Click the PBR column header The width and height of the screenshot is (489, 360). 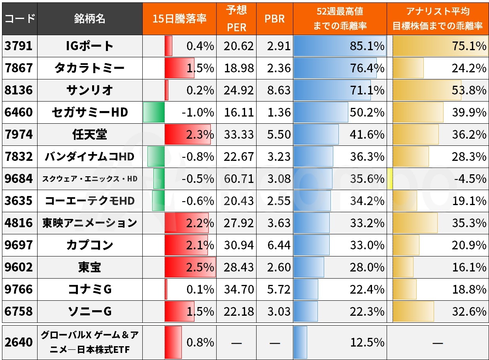pyautogui.click(x=274, y=19)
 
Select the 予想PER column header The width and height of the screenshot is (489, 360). pyautogui.click(x=236, y=19)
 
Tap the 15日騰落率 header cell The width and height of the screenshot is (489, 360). pyautogui.click(x=179, y=19)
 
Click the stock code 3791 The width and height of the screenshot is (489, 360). pyautogui.click(x=19, y=46)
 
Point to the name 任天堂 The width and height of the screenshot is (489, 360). pyautogui.click(x=90, y=135)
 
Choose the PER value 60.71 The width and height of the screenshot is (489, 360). pyautogui.click(x=238, y=179)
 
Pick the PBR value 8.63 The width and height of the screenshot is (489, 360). pyautogui.click(x=278, y=90)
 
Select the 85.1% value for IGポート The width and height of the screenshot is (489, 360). pyautogui.click(x=367, y=46)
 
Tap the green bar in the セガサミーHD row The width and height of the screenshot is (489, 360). pyautogui.click(x=154, y=112)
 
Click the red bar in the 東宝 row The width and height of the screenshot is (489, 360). pyautogui.click(x=190, y=267)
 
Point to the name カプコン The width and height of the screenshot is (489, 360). pyautogui.click(x=90, y=245)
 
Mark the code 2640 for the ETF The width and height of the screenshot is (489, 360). pyautogui.click(x=19, y=342)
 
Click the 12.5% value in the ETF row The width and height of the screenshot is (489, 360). pyautogui.click(x=367, y=342)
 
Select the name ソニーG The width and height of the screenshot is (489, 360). pyautogui.click(x=90, y=311)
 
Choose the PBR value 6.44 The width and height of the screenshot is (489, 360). pyautogui.click(x=278, y=245)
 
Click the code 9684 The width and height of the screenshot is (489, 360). pyautogui.click(x=19, y=179)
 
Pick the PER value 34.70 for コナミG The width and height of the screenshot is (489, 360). pyautogui.click(x=238, y=289)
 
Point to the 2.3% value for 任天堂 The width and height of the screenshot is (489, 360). pyautogui.click(x=200, y=135)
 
